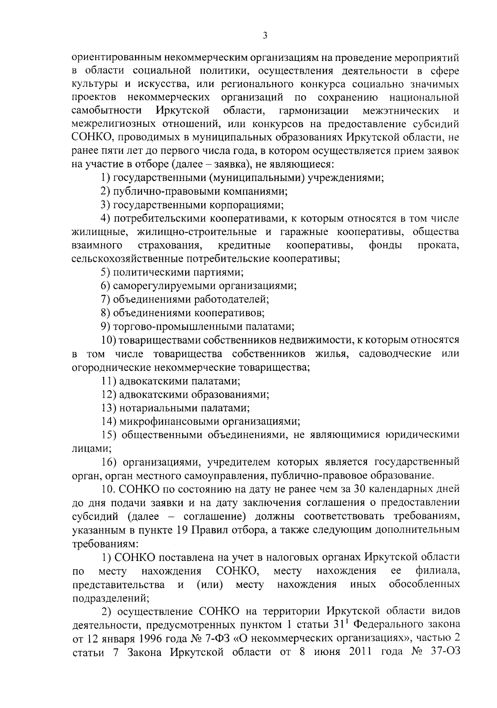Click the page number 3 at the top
[x=265, y=36]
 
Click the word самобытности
[x=106, y=111]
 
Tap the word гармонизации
[x=314, y=111]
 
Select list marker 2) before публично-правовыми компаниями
[x=106, y=191]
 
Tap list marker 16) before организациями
[x=109, y=462]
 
